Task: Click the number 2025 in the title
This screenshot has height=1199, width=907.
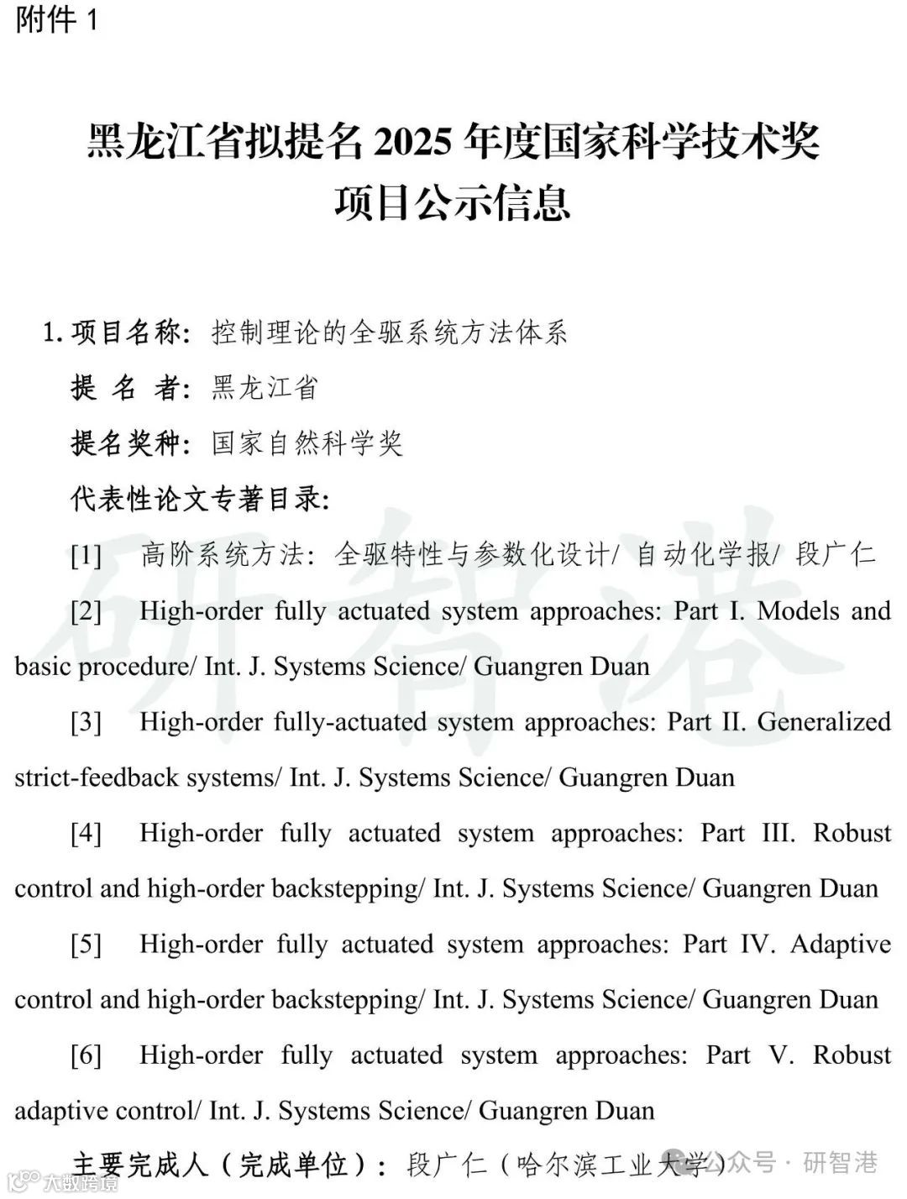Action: click(x=412, y=142)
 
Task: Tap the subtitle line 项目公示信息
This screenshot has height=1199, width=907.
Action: click(x=453, y=203)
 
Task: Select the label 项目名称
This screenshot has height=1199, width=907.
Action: click(x=126, y=333)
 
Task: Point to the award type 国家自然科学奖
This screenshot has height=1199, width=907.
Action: click(x=307, y=443)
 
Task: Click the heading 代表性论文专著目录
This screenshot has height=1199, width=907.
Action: click(x=199, y=499)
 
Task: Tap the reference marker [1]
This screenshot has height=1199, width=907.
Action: click(x=86, y=556)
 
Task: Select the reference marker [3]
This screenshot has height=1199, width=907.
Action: click(x=86, y=722)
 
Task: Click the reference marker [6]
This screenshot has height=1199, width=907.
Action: click(x=86, y=1055)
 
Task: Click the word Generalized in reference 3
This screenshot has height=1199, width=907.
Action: click(x=824, y=721)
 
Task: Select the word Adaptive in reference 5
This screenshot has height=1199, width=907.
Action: click(x=841, y=944)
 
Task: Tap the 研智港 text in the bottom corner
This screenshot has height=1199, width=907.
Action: click(x=841, y=1163)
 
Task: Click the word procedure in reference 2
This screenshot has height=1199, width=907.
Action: click(x=135, y=667)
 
